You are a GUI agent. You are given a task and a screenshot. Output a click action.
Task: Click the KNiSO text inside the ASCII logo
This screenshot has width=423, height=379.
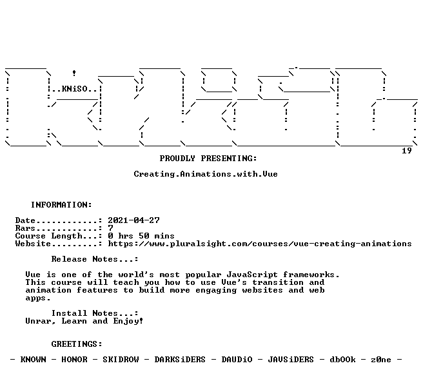[75, 89]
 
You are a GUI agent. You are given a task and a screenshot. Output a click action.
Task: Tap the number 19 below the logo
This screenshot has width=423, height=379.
[406, 151]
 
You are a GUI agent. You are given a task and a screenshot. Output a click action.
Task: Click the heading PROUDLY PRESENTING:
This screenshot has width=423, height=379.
[208, 159]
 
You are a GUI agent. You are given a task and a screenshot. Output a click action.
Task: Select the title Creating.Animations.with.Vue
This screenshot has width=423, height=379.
[206, 174]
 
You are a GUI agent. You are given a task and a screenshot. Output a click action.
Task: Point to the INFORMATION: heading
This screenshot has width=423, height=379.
[61, 205]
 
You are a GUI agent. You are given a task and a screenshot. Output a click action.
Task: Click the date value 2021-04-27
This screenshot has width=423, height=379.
[134, 220]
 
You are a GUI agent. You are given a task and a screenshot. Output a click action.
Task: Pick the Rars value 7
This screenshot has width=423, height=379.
[110, 228]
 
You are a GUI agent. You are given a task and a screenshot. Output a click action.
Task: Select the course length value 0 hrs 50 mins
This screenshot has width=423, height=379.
[141, 236]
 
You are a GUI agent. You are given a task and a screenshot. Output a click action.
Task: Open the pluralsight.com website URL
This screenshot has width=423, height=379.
[260, 244]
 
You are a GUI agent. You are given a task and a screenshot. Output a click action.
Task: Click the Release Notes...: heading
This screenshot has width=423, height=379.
[95, 259]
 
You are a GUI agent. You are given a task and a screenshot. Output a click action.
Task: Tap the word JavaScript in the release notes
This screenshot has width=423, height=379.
[252, 275]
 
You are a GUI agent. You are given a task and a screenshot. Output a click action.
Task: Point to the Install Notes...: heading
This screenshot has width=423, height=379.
[95, 313]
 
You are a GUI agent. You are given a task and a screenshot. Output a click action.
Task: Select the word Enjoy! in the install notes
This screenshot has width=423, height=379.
[128, 321]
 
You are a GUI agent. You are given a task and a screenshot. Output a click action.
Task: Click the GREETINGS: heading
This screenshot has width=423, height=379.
[77, 344]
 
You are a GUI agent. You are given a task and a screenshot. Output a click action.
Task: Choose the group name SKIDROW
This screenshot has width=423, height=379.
[121, 360]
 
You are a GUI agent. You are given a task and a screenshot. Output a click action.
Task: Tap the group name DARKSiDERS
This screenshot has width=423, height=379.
[180, 360]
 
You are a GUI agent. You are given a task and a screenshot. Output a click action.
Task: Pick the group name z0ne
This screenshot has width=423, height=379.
[381, 360]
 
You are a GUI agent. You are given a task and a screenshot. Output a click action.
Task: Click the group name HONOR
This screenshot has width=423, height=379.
[74, 360]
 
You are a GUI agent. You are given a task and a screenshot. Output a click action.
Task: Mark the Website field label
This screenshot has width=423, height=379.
[33, 244]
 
